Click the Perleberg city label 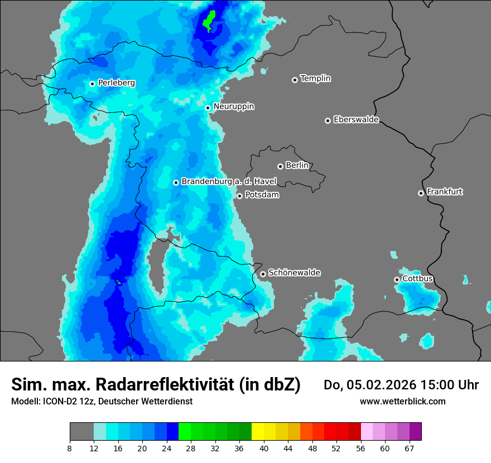[x=116, y=83]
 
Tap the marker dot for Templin [x=295, y=80]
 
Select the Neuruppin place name [x=233, y=107]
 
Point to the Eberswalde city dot [x=328, y=120]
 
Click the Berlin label [x=297, y=166]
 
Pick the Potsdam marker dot [x=239, y=196]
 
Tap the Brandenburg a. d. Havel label [x=229, y=182]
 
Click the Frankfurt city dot [x=421, y=193]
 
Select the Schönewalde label [x=294, y=273]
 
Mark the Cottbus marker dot [x=397, y=279]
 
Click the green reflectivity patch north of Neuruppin [x=209, y=21]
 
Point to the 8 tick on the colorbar [x=70, y=448]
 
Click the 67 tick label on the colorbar [x=410, y=448]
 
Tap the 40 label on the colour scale [x=264, y=448]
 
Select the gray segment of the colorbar [x=81, y=432]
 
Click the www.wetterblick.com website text [x=402, y=401]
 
